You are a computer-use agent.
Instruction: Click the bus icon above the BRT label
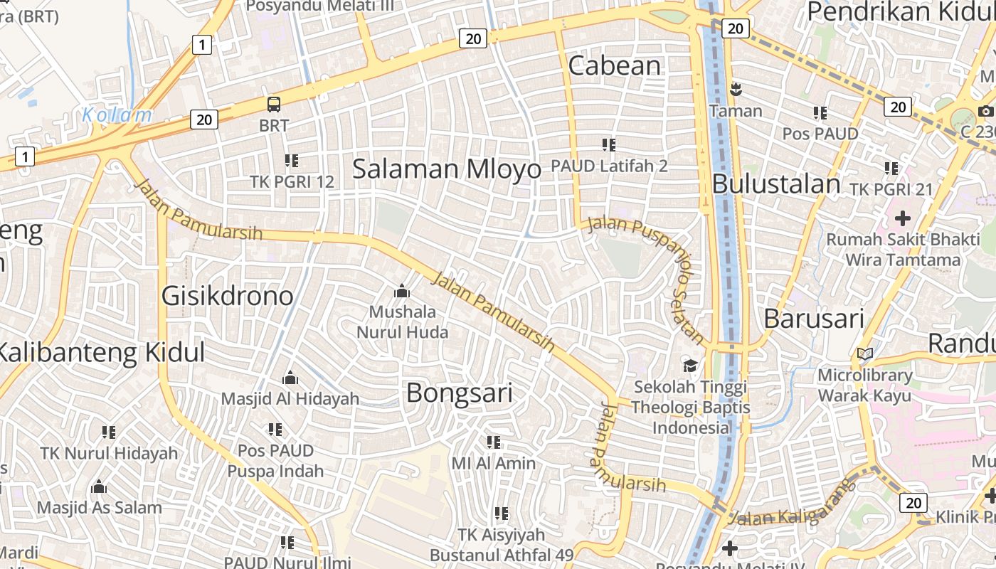point(274,105)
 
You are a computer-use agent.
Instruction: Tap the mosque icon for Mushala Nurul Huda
point(402,291)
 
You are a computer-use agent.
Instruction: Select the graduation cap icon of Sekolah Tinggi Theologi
point(690,366)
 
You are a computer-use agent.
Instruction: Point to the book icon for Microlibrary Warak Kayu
point(865,353)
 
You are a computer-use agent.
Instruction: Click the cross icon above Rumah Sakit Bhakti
point(903,217)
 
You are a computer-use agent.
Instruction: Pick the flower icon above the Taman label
point(735,90)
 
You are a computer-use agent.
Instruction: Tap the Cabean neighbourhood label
point(615,65)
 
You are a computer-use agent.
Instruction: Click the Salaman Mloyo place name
point(447,169)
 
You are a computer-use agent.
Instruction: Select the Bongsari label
point(459,393)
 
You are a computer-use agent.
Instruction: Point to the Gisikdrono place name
point(227,295)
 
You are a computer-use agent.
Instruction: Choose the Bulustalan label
point(776,184)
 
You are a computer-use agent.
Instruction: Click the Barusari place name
point(814,319)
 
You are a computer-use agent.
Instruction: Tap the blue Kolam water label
point(117,115)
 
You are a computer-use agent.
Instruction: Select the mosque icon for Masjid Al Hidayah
point(290,378)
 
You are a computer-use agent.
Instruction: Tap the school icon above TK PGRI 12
point(292,161)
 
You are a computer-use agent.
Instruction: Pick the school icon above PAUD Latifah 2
point(608,145)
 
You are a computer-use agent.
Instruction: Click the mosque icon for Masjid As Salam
point(99,487)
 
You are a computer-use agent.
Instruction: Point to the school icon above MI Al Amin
point(494,442)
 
